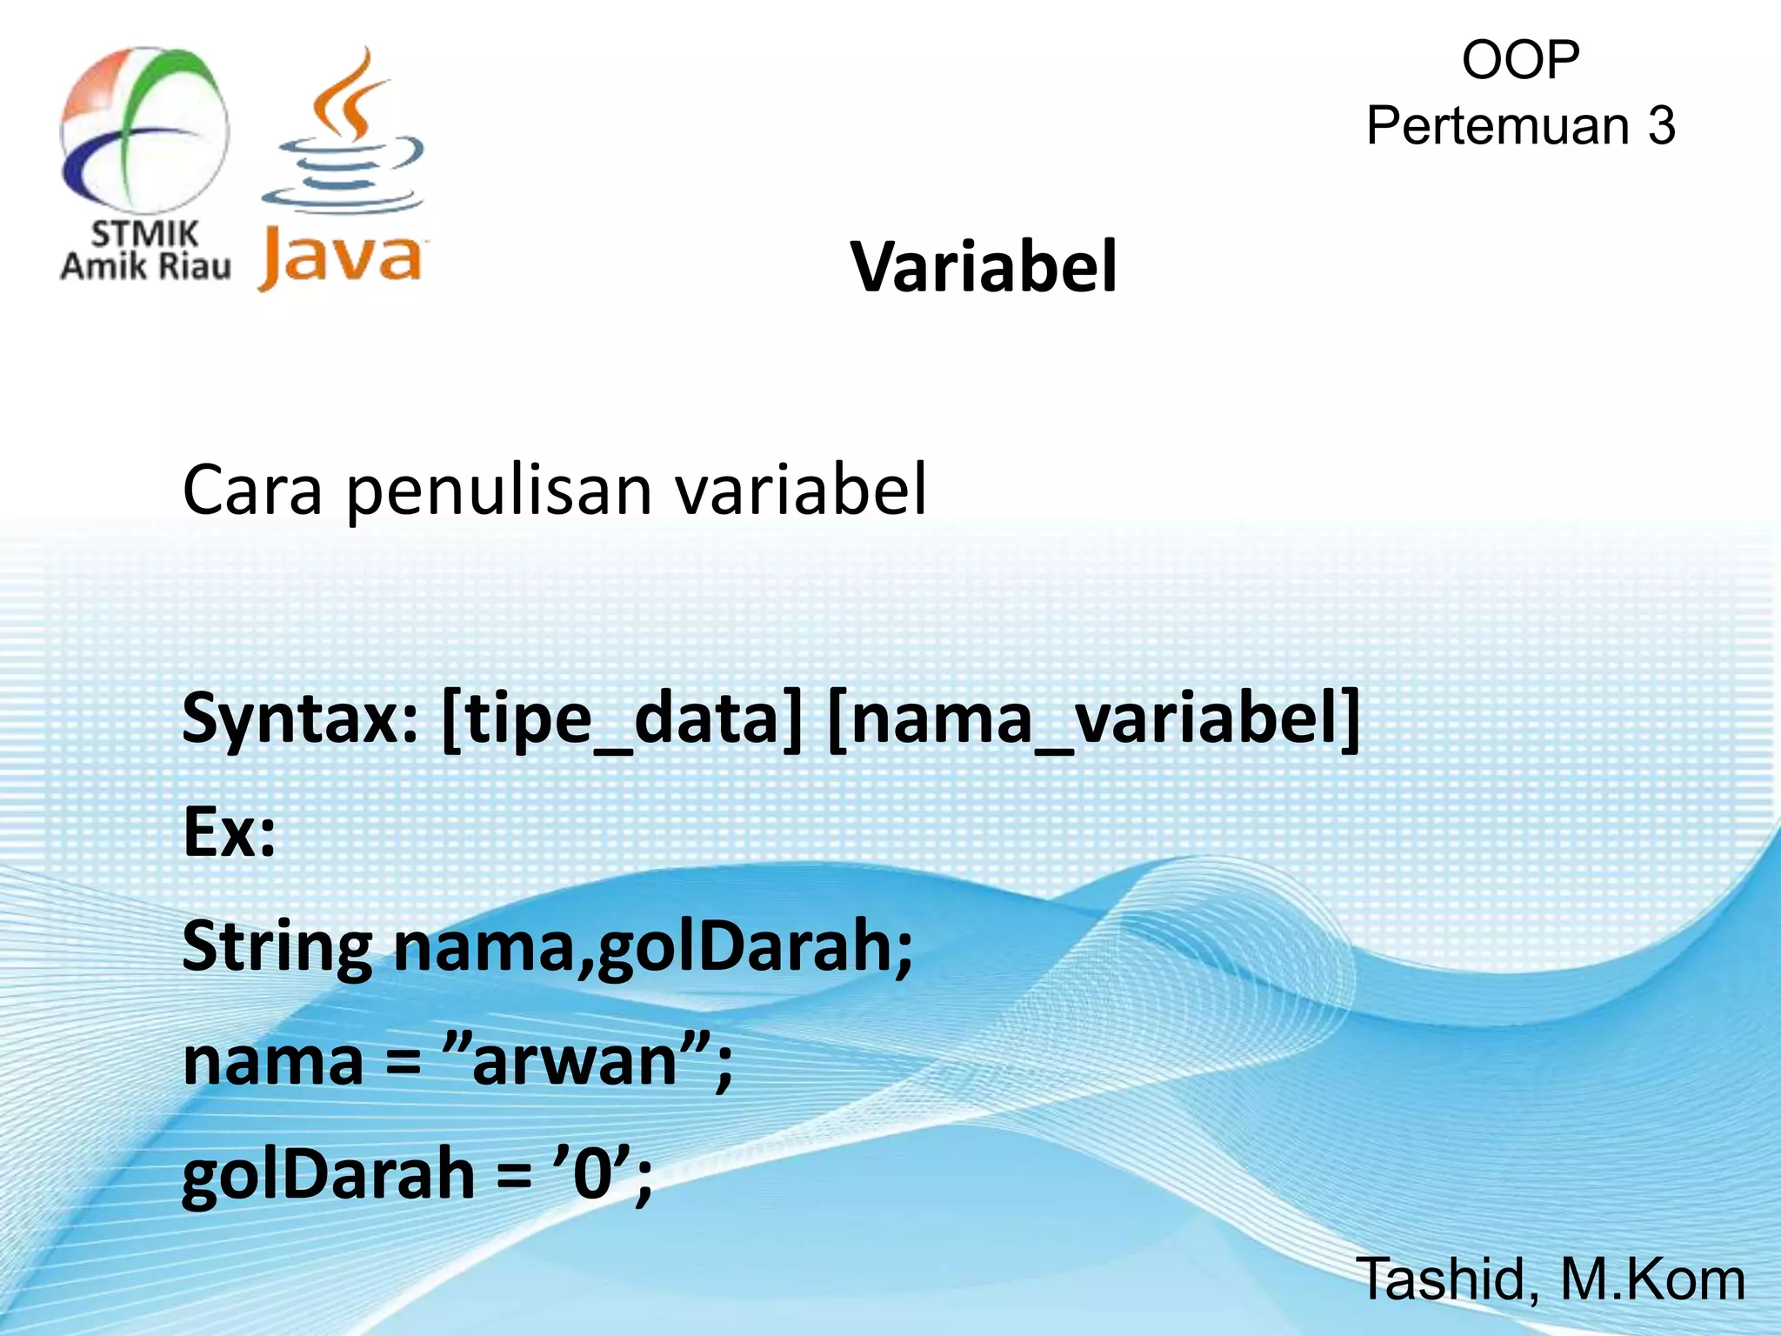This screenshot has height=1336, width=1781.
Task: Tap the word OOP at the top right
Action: click(1520, 60)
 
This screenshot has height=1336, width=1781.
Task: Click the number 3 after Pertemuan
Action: click(1661, 126)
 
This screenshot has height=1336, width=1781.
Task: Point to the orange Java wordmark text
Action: click(340, 258)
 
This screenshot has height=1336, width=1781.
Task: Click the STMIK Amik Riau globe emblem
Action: click(144, 130)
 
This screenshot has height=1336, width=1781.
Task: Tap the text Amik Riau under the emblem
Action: click(145, 265)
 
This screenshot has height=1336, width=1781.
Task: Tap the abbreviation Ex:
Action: click(230, 832)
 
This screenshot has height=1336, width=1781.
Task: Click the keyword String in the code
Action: click(277, 948)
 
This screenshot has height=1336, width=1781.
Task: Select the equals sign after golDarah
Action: click(514, 1176)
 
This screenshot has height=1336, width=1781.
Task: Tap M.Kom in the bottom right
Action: click(1652, 1279)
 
